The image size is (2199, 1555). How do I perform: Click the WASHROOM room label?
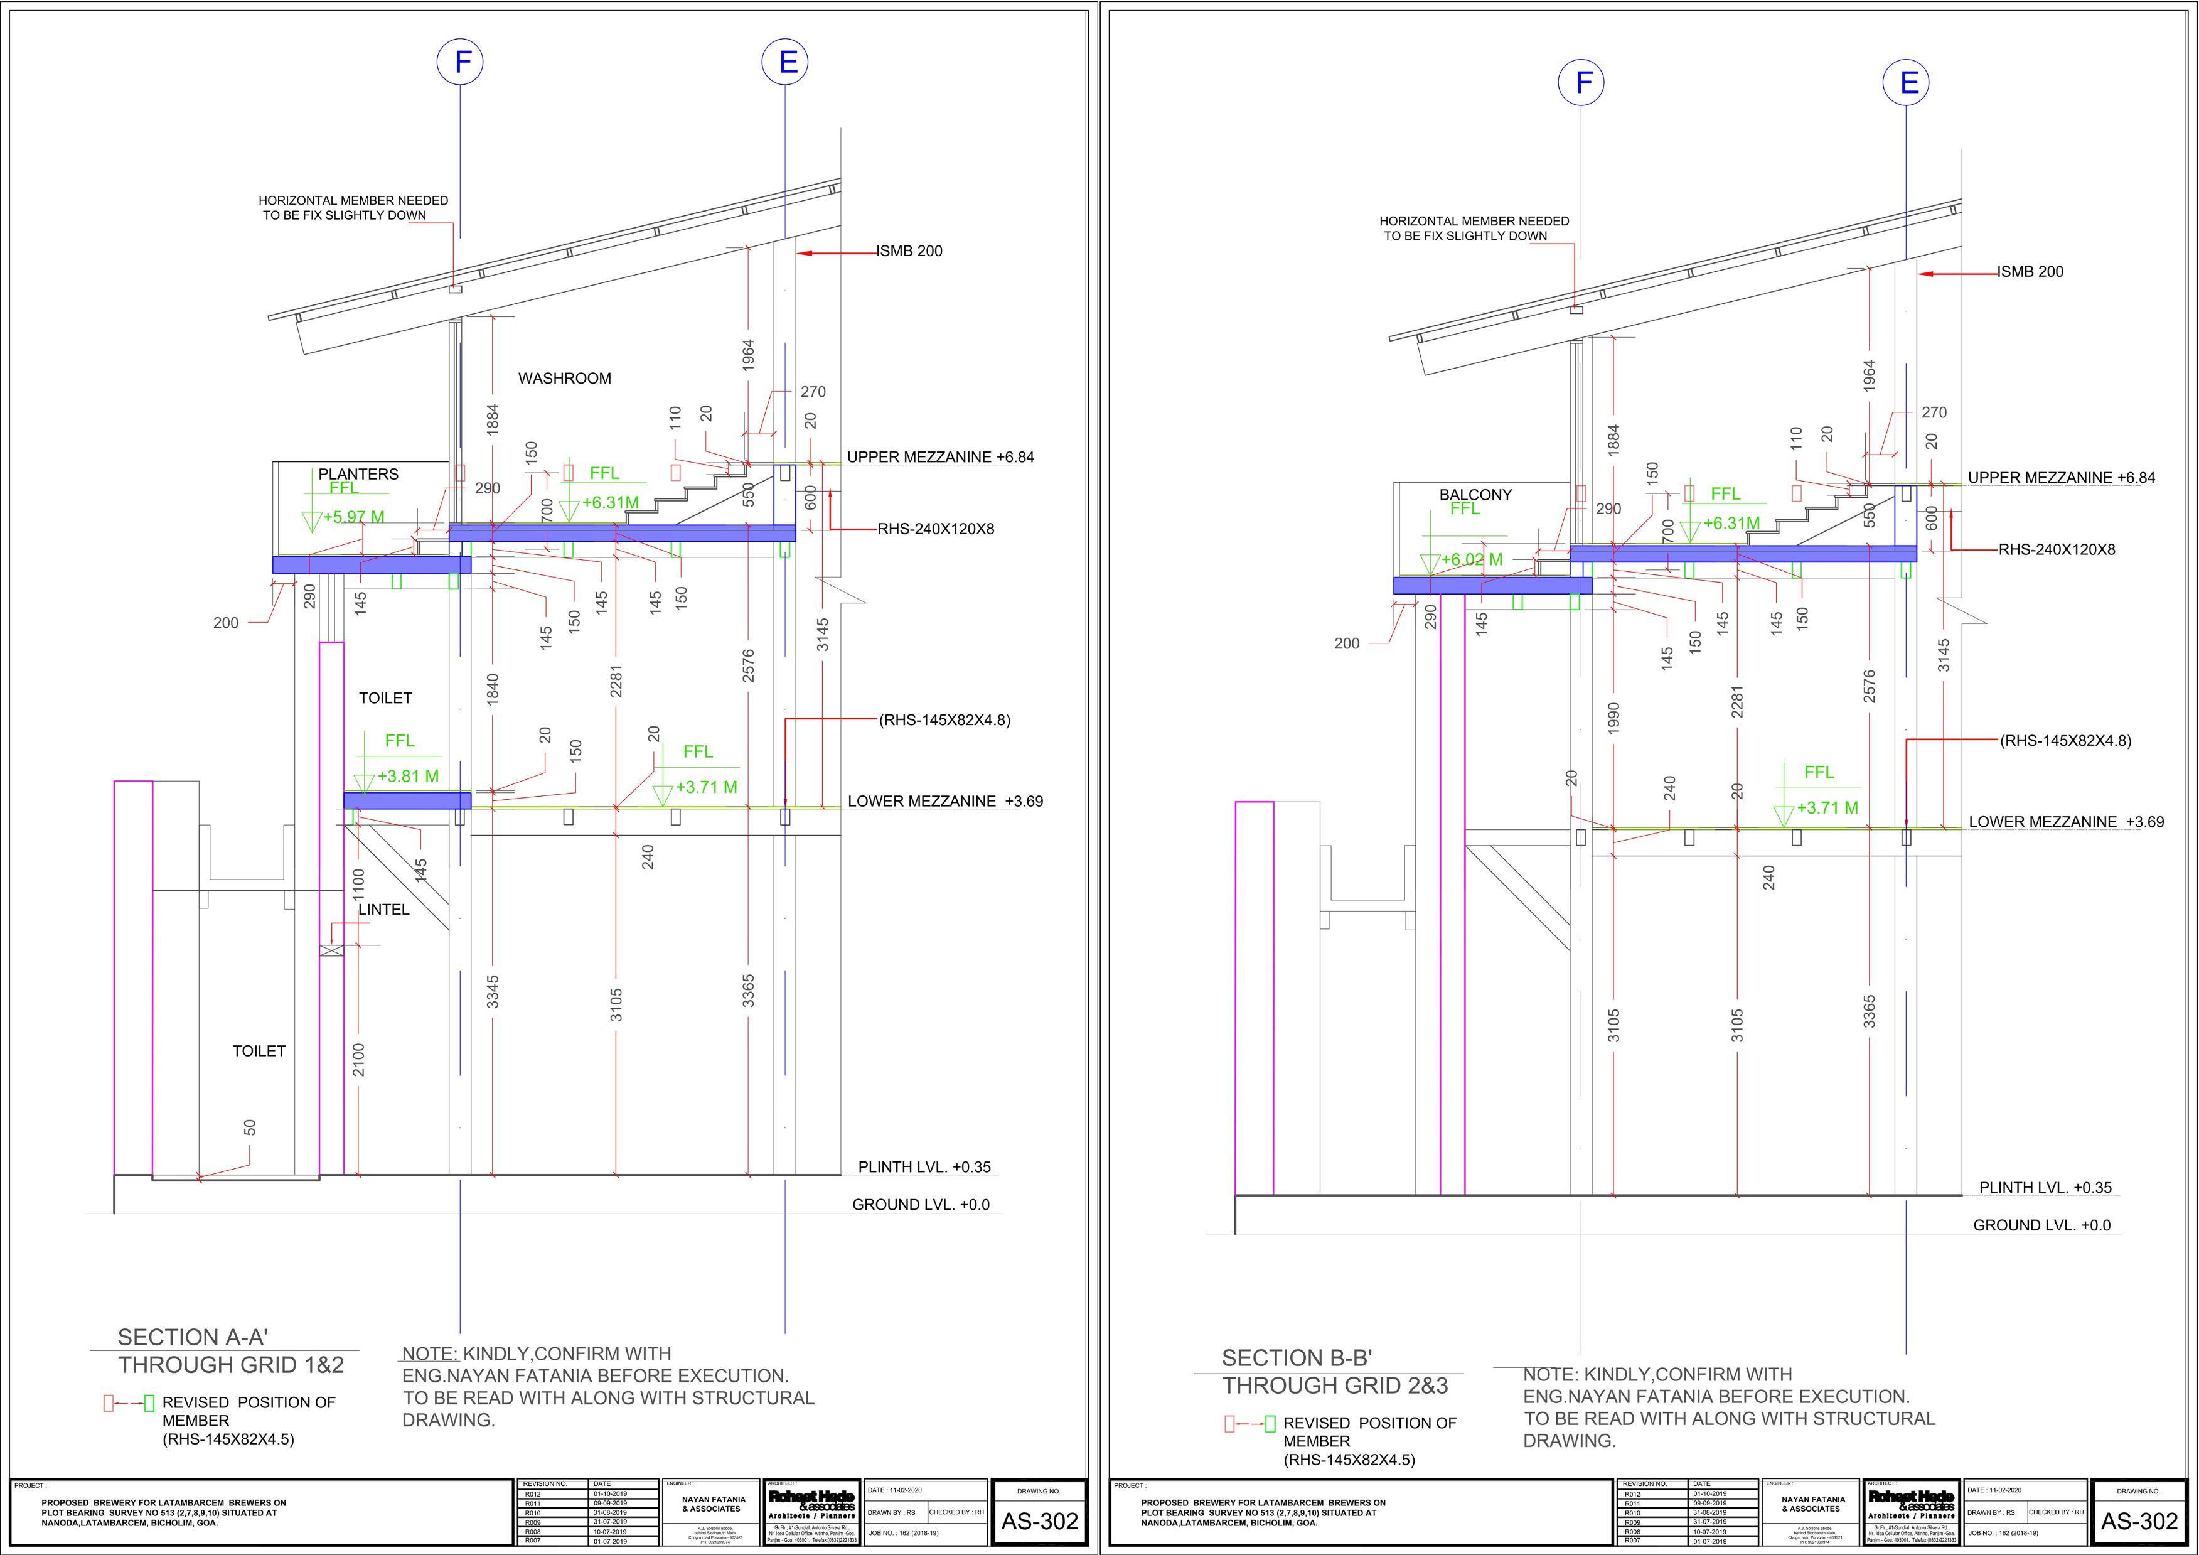click(x=564, y=379)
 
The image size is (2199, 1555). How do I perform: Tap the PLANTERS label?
click(x=358, y=474)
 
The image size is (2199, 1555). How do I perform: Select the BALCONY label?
click(x=1475, y=495)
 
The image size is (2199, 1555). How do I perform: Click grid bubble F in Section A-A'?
click(x=460, y=62)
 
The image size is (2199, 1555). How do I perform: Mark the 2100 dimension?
click(x=358, y=1060)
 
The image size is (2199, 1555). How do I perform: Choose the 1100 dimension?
click(x=358, y=883)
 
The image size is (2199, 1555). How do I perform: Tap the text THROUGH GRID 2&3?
click(x=1335, y=1386)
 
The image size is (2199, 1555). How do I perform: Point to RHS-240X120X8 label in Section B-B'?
click(x=2057, y=550)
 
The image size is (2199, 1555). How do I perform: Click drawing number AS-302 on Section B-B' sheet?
click(x=2139, y=1522)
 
